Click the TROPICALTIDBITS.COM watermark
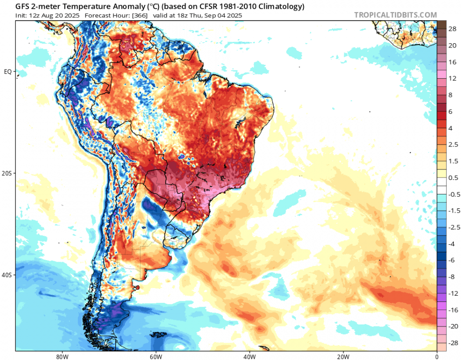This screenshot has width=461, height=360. tap(396, 15)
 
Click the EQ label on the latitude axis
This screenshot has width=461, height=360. tap(8, 72)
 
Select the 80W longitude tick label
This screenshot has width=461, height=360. tap(61, 356)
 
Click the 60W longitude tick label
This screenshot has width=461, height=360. tap(155, 356)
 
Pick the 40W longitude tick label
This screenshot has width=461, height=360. tap(249, 356)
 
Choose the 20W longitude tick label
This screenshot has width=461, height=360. tap(343, 356)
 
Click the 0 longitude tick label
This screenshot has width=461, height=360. tap(437, 356)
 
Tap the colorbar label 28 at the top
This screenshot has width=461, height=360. tap(452, 29)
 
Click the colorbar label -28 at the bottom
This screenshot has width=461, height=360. tap(452, 343)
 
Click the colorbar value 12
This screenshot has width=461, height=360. tap(452, 78)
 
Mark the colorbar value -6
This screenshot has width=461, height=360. tap(452, 260)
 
